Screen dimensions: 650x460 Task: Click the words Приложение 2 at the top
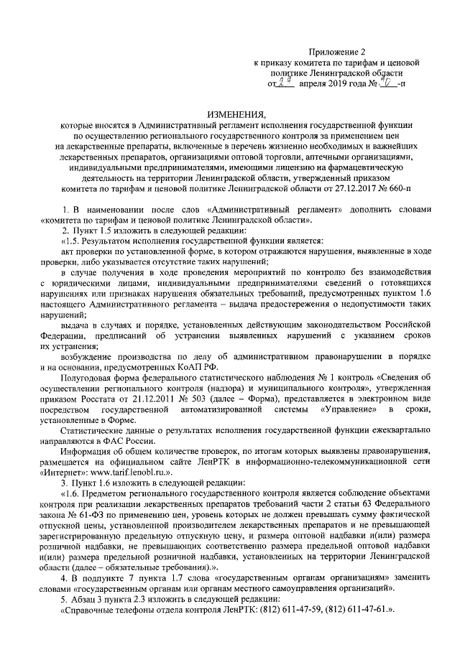click(337, 52)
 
